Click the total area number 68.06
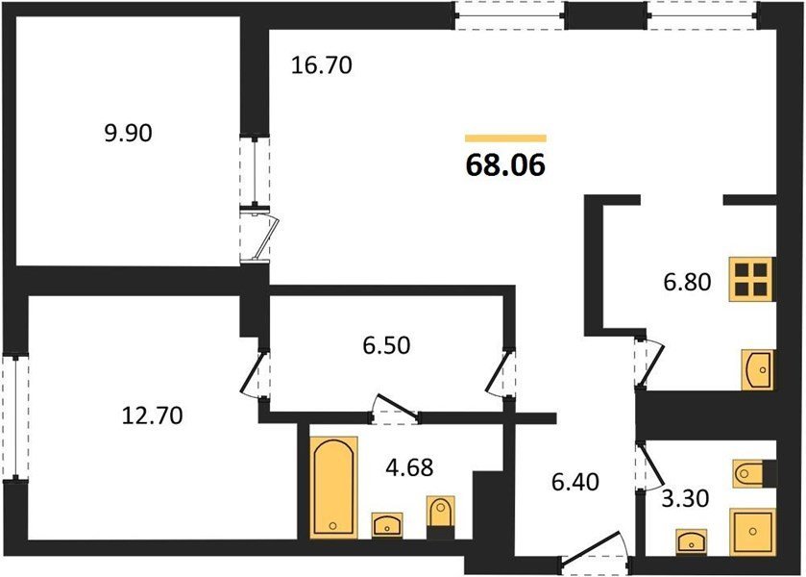[x=505, y=165]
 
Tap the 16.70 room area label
[x=321, y=66]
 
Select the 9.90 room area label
[x=128, y=134]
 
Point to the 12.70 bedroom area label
[x=152, y=415]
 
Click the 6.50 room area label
[x=386, y=345]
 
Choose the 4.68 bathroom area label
[x=409, y=467]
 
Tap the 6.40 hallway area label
[x=574, y=483]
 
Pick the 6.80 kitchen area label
[x=687, y=282]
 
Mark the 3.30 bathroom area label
[x=685, y=498]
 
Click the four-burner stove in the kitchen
[x=750, y=280]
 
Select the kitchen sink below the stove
[x=757, y=369]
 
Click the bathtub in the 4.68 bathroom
[x=333, y=488]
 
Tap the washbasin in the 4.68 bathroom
[x=387, y=525]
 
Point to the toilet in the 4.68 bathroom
[x=441, y=512]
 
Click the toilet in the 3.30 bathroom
[x=748, y=472]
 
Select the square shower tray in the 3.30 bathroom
[x=752, y=532]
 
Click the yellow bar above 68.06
[x=505, y=138]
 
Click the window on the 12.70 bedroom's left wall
[x=15, y=417]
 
